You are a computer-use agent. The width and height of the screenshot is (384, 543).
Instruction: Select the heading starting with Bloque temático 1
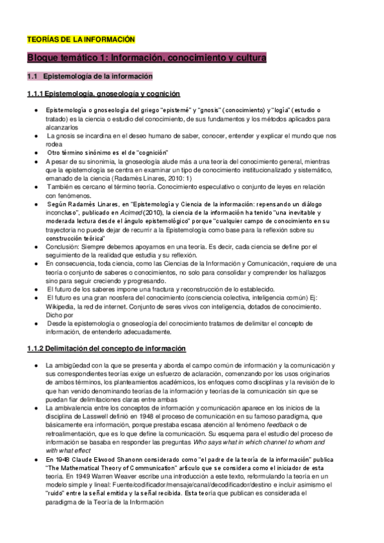tap(147, 58)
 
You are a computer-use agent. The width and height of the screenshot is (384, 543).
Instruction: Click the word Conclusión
tap(63, 247)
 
